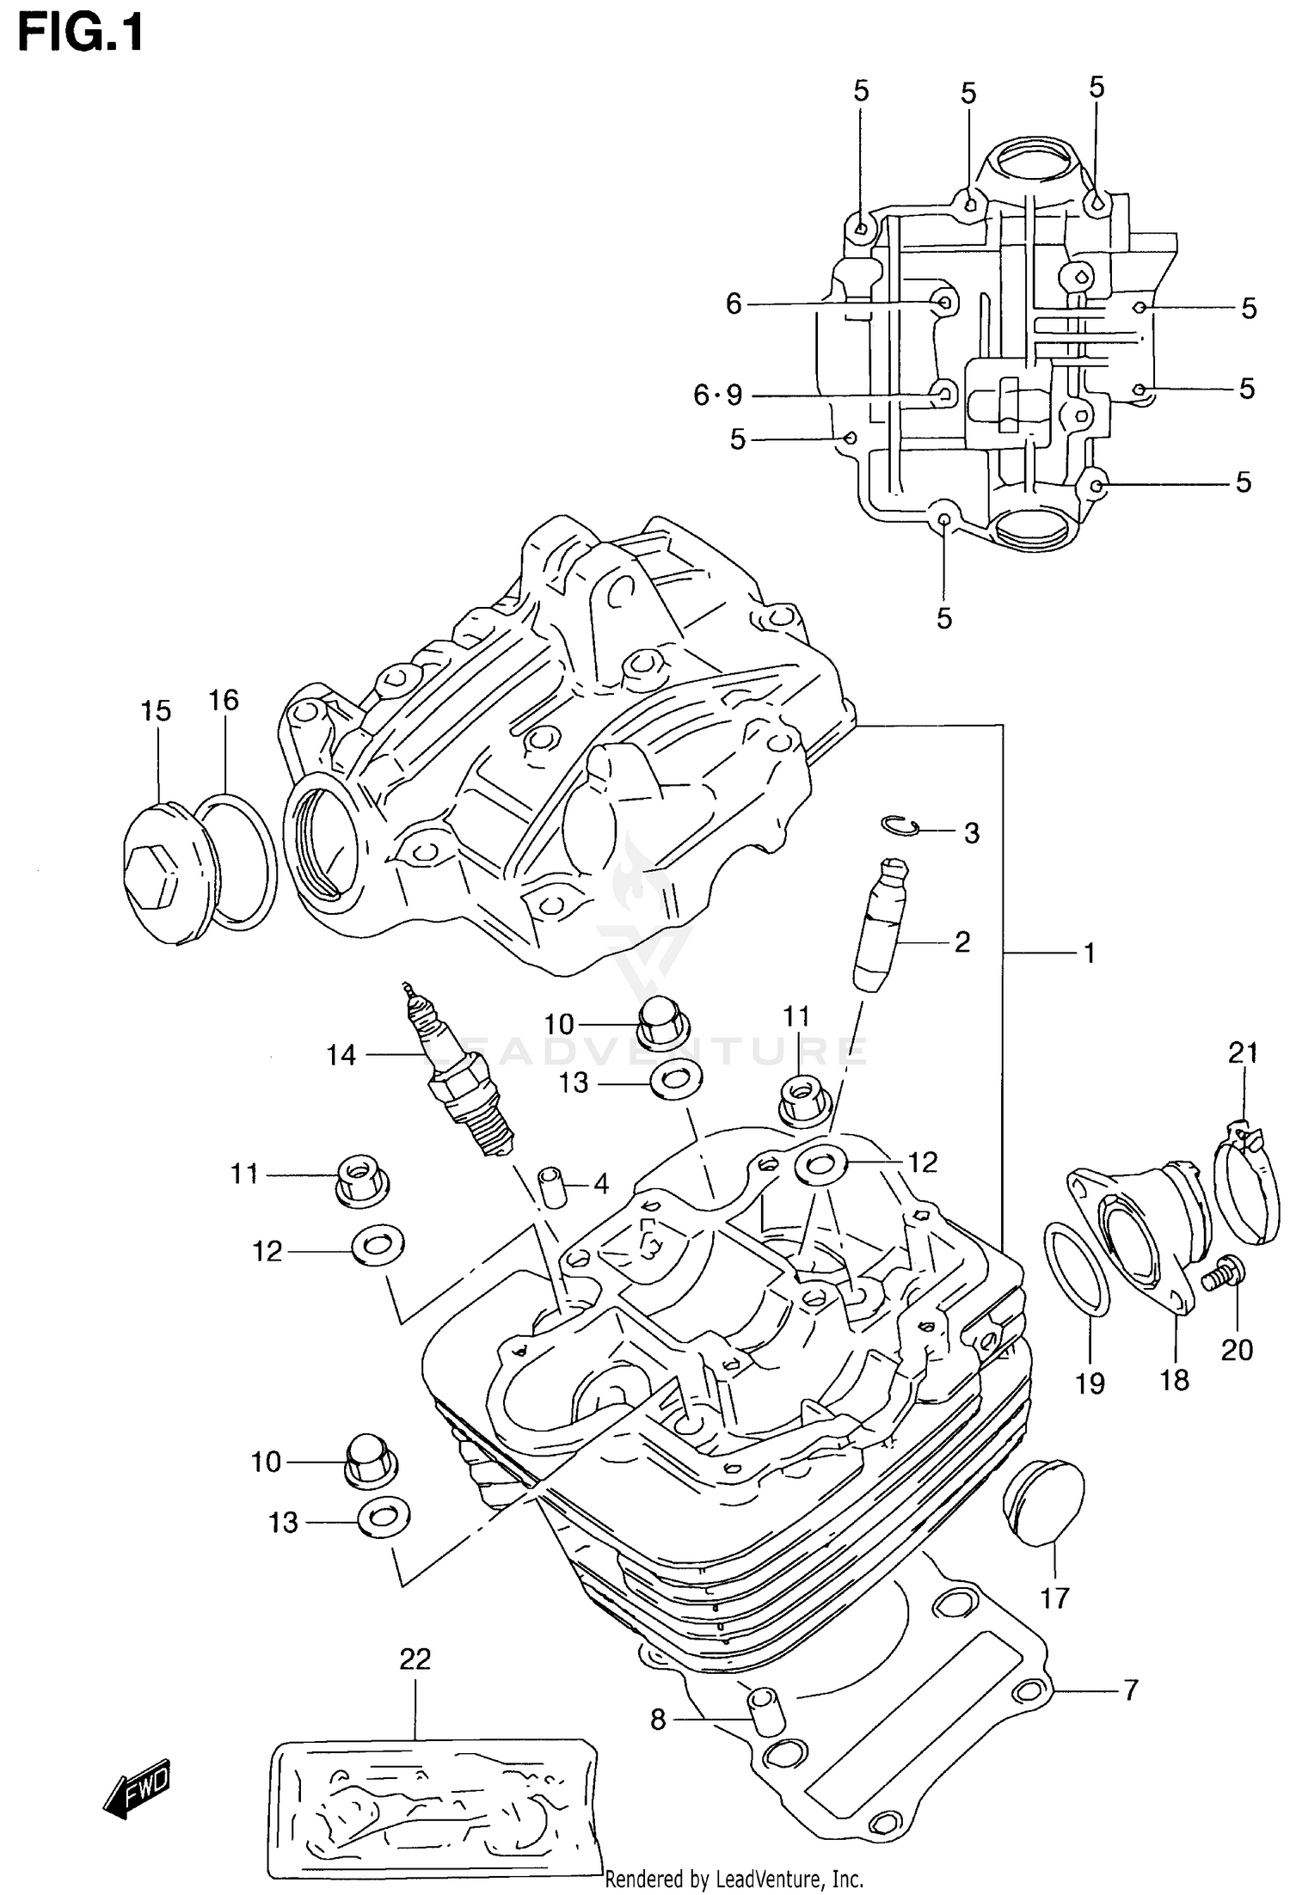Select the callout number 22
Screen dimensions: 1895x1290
(x=415, y=1659)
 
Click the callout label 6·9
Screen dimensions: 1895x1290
(x=717, y=396)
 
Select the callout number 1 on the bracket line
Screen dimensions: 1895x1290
(x=1088, y=953)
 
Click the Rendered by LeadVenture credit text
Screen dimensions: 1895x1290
(x=734, y=1880)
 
